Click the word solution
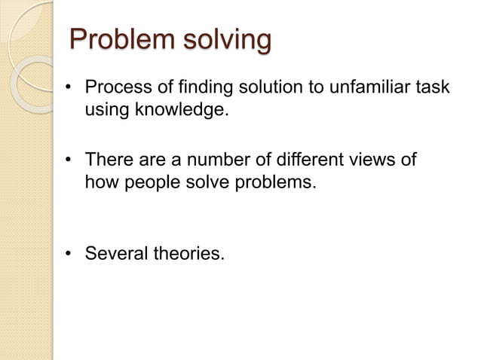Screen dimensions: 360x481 262,89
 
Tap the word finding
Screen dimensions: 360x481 195,89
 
